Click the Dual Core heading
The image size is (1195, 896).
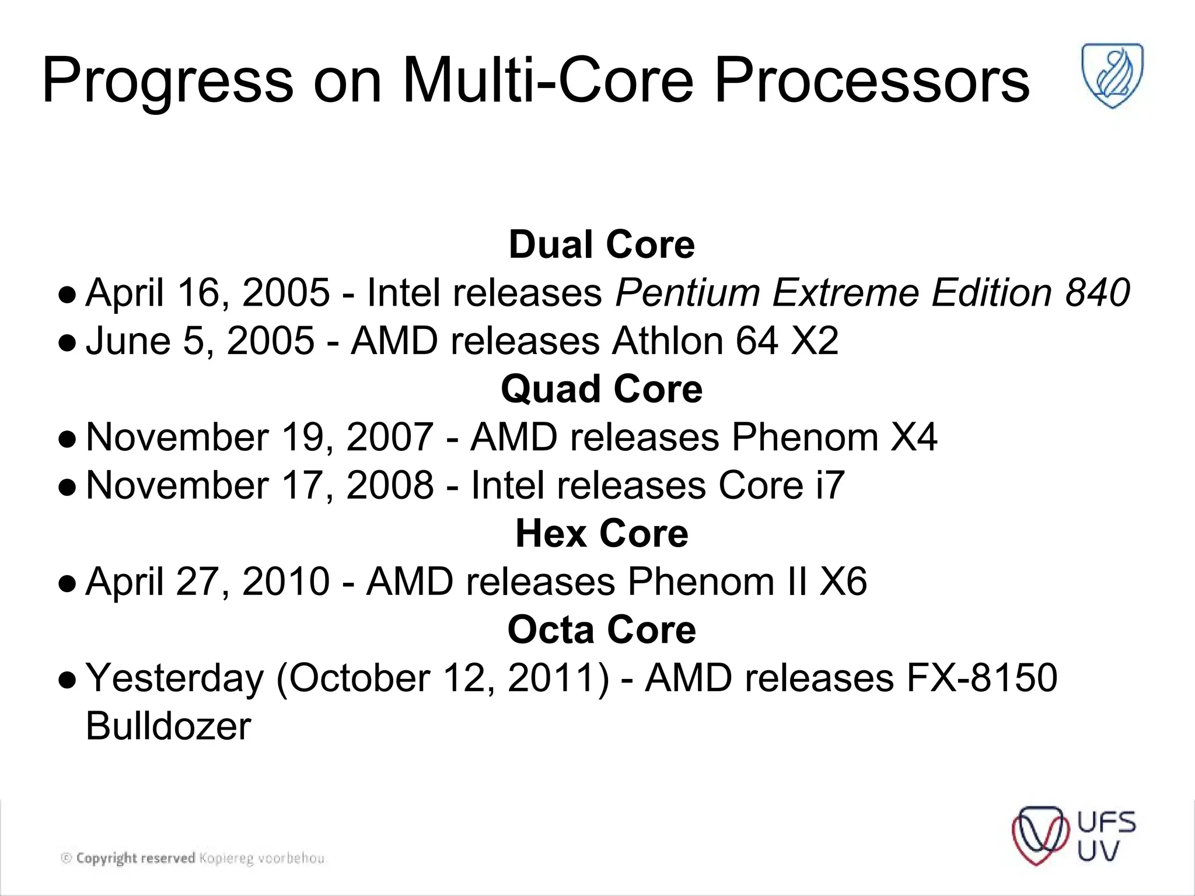click(x=602, y=244)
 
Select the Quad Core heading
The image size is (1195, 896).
click(x=602, y=389)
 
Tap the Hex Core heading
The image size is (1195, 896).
click(x=602, y=534)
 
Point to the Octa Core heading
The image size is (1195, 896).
click(x=602, y=630)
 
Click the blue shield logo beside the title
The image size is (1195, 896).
click(x=1113, y=76)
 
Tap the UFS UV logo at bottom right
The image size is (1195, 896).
click(x=1074, y=836)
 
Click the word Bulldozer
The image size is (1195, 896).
click(x=168, y=726)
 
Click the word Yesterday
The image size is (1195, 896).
click(x=175, y=678)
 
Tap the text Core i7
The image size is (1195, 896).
click(x=781, y=485)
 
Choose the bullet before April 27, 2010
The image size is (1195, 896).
click(x=68, y=583)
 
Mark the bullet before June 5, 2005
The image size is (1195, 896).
click(x=68, y=343)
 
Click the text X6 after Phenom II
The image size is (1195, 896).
click(x=843, y=582)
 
